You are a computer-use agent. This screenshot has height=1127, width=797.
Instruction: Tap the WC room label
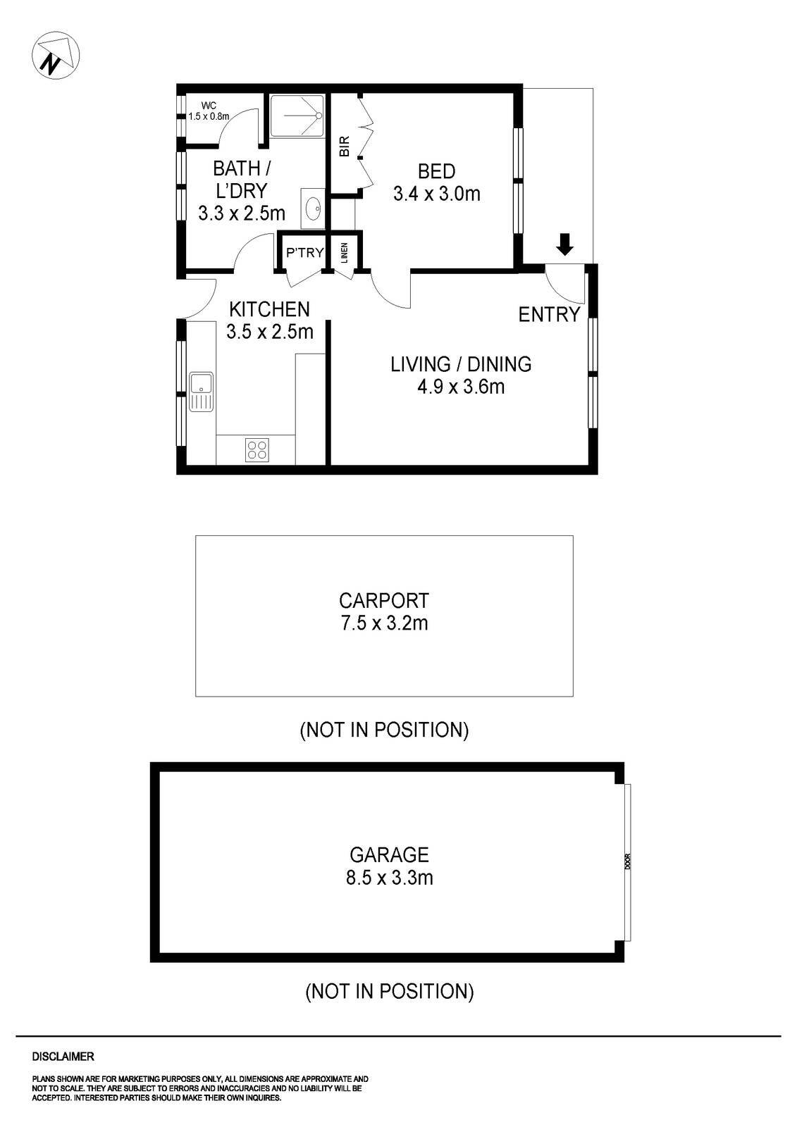point(207,106)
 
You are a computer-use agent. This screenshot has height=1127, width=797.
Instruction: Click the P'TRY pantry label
point(304,252)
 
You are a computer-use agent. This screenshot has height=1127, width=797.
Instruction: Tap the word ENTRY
point(549,314)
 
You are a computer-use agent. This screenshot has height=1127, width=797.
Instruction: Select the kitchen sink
point(200,391)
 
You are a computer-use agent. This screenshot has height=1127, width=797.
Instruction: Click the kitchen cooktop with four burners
point(257,449)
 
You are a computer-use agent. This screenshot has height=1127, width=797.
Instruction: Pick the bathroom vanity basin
point(313,208)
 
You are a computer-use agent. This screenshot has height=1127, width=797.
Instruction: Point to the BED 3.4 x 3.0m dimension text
point(436,194)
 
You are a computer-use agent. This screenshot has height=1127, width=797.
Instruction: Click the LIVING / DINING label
point(461,364)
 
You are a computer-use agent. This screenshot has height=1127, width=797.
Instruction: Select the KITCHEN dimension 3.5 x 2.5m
point(269,331)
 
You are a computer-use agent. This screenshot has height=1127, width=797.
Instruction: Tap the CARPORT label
point(383,601)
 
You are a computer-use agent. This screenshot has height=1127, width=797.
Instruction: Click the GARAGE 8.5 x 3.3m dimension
point(389,878)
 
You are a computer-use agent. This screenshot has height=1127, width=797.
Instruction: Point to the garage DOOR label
point(627,862)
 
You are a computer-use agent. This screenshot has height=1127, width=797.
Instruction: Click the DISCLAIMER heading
point(63,1057)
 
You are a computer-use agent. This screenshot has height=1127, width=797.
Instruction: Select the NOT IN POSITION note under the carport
point(384,730)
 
